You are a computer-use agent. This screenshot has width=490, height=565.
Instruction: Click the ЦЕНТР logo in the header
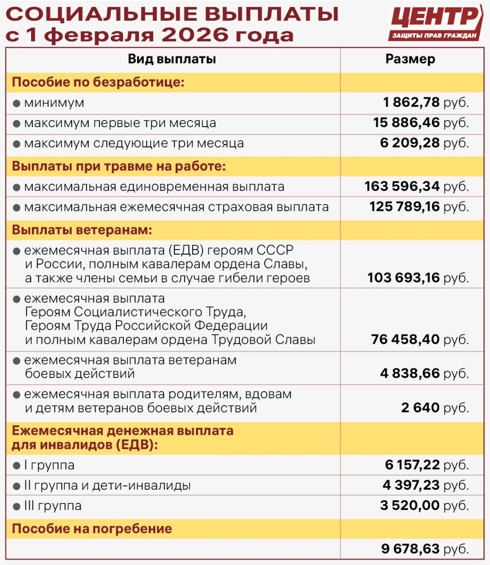(x=436, y=23)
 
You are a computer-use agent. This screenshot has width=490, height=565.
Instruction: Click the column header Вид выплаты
(x=172, y=59)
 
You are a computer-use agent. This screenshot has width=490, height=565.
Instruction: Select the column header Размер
(x=410, y=59)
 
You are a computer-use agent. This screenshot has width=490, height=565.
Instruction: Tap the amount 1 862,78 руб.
(x=425, y=102)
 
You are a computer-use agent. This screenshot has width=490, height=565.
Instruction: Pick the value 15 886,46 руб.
(x=421, y=123)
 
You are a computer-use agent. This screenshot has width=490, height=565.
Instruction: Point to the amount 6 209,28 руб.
(x=425, y=143)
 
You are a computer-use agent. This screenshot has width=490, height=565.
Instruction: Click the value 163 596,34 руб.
(x=417, y=186)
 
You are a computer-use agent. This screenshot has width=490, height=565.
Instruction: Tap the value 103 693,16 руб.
(x=418, y=278)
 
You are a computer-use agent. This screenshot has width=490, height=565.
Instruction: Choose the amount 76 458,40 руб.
(x=420, y=339)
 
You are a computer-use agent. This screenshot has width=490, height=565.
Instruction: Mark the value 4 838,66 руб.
(x=425, y=374)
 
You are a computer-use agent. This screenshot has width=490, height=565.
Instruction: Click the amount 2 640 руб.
(x=435, y=407)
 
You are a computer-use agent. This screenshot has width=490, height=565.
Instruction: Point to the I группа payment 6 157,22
(x=412, y=465)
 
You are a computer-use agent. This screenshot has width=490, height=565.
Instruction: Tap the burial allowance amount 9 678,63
(x=410, y=549)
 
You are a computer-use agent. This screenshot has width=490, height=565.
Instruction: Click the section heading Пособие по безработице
(x=98, y=82)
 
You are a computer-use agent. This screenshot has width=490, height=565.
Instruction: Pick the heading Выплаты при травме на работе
(x=119, y=167)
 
